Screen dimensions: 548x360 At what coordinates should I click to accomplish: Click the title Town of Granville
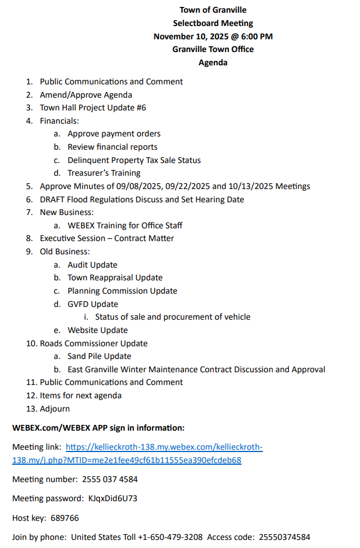tap(213, 10)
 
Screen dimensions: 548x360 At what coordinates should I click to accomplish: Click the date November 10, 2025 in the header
tap(193, 36)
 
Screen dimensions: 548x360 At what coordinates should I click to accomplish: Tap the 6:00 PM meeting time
tap(258, 36)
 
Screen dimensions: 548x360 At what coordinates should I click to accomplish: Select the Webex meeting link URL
tap(164, 447)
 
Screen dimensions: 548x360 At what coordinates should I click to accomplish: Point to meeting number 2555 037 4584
tap(110, 479)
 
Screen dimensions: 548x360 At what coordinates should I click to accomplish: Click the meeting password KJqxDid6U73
tap(113, 498)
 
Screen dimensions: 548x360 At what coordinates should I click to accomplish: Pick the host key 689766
tap(65, 518)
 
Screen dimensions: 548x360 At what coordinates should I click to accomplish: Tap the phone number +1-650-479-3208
tap(170, 537)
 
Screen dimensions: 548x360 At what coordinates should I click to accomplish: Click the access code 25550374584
tap(284, 537)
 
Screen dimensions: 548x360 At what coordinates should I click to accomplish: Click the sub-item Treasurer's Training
tap(104, 173)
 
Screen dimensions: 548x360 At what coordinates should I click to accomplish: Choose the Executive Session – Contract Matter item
tap(106, 238)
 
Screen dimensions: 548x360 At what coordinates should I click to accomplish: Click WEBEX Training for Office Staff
tap(125, 225)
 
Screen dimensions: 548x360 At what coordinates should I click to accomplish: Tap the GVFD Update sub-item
tap(92, 304)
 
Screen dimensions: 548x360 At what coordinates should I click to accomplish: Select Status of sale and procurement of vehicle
tap(172, 317)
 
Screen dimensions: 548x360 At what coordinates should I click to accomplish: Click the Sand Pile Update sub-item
tap(99, 356)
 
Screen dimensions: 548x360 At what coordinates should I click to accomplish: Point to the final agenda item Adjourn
tap(55, 409)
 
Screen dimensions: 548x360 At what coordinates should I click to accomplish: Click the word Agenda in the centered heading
tap(213, 62)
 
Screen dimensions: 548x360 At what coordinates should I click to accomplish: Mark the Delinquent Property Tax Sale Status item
tap(134, 160)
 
